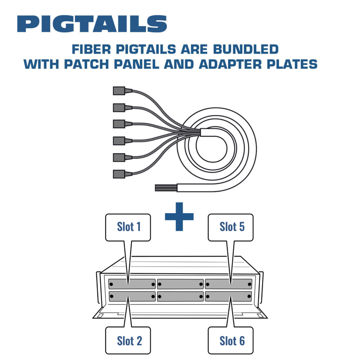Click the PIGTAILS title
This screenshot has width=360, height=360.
tap(92, 24)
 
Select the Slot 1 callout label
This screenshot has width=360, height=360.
tap(128, 227)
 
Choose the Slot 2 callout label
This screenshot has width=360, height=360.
tap(128, 341)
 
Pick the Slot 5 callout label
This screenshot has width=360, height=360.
tap(231, 227)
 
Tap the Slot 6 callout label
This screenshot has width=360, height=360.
tap(231, 341)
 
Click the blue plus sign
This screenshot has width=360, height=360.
tap(179, 217)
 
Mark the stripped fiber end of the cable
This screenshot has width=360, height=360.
tap(165, 187)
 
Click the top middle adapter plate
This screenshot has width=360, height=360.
tap(180, 284)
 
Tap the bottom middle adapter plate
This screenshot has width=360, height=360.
tap(180, 296)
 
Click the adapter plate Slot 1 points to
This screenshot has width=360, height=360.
tap(132, 284)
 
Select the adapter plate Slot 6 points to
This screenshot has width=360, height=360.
tap(229, 296)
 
